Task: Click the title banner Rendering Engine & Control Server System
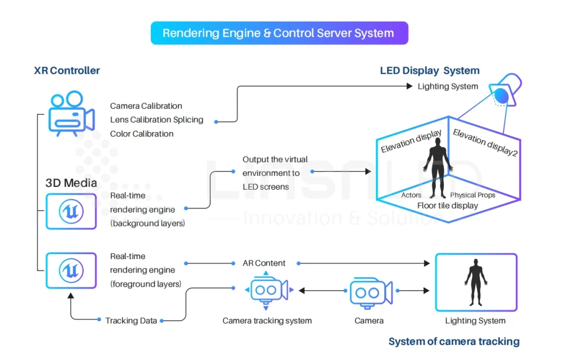[x=279, y=33]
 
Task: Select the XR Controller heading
[x=67, y=70]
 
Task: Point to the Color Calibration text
[x=141, y=134]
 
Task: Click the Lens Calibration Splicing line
[x=156, y=120]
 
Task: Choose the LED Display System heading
[x=429, y=70]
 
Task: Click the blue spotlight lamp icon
[x=505, y=92]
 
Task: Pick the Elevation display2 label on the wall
[x=485, y=143]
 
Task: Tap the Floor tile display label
[x=448, y=205]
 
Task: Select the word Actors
[x=411, y=195]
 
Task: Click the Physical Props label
[x=473, y=195]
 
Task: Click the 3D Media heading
[x=71, y=183]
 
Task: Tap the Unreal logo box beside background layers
[x=71, y=211]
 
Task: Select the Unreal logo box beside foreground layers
[x=71, y=270]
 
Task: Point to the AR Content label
[x=264, y=263]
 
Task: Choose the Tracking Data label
[x=131, y=321]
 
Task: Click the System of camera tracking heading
[x=454, y=341]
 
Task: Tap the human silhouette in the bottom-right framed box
[x=475, y=282]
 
